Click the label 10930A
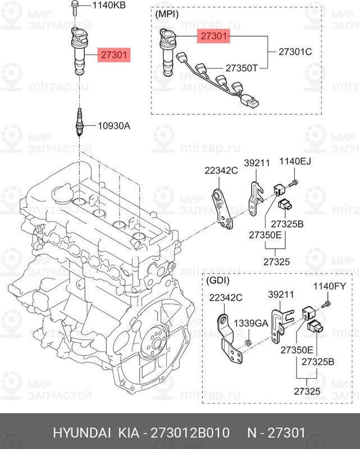click(x=115, y=126)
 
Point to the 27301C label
click(x=295, y=52)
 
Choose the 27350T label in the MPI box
click(x=241, y=68)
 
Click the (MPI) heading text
click(x=167, y=14)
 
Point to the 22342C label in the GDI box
click(x=226, y=297)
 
